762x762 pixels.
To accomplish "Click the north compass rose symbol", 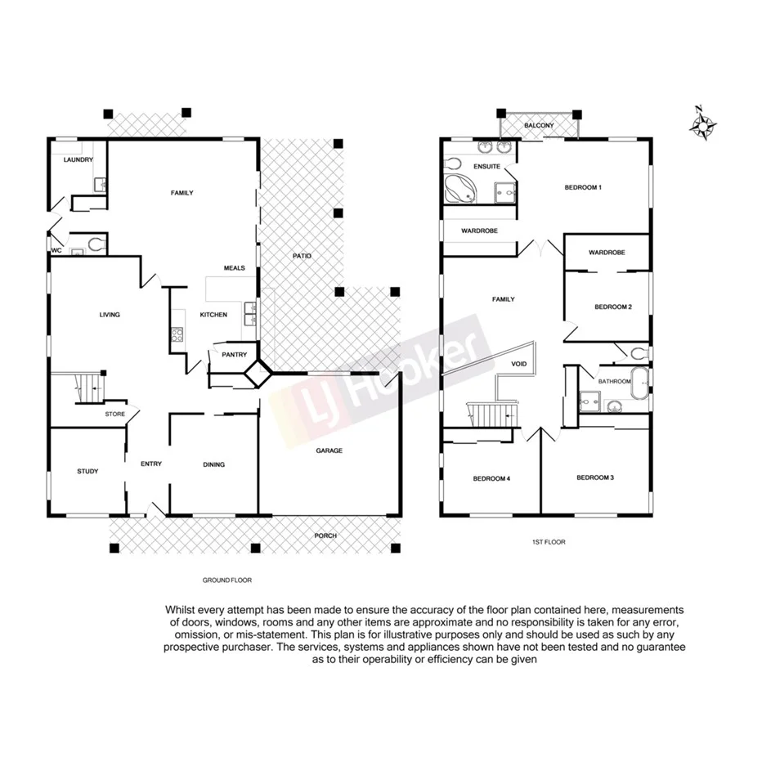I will [x=703, y=125].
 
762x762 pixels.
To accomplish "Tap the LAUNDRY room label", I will [x=78, y=159].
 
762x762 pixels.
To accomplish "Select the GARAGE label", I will [x=329, y=450].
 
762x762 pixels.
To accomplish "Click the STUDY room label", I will [x=87, y=471].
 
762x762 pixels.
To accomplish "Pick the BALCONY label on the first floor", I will [x=540, y=126].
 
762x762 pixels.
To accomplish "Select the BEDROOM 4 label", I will [x=491, y=478].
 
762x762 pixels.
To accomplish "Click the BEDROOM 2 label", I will [x=612, y=307].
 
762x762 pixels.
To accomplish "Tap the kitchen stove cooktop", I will [x=177, y=334].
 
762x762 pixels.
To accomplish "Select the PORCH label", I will [x=325, y=536].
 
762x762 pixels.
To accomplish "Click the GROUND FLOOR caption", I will [x=227, y=580].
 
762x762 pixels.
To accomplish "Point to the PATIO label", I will [x=302, y=256].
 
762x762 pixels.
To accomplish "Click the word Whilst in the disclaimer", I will [x=182, y=610].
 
